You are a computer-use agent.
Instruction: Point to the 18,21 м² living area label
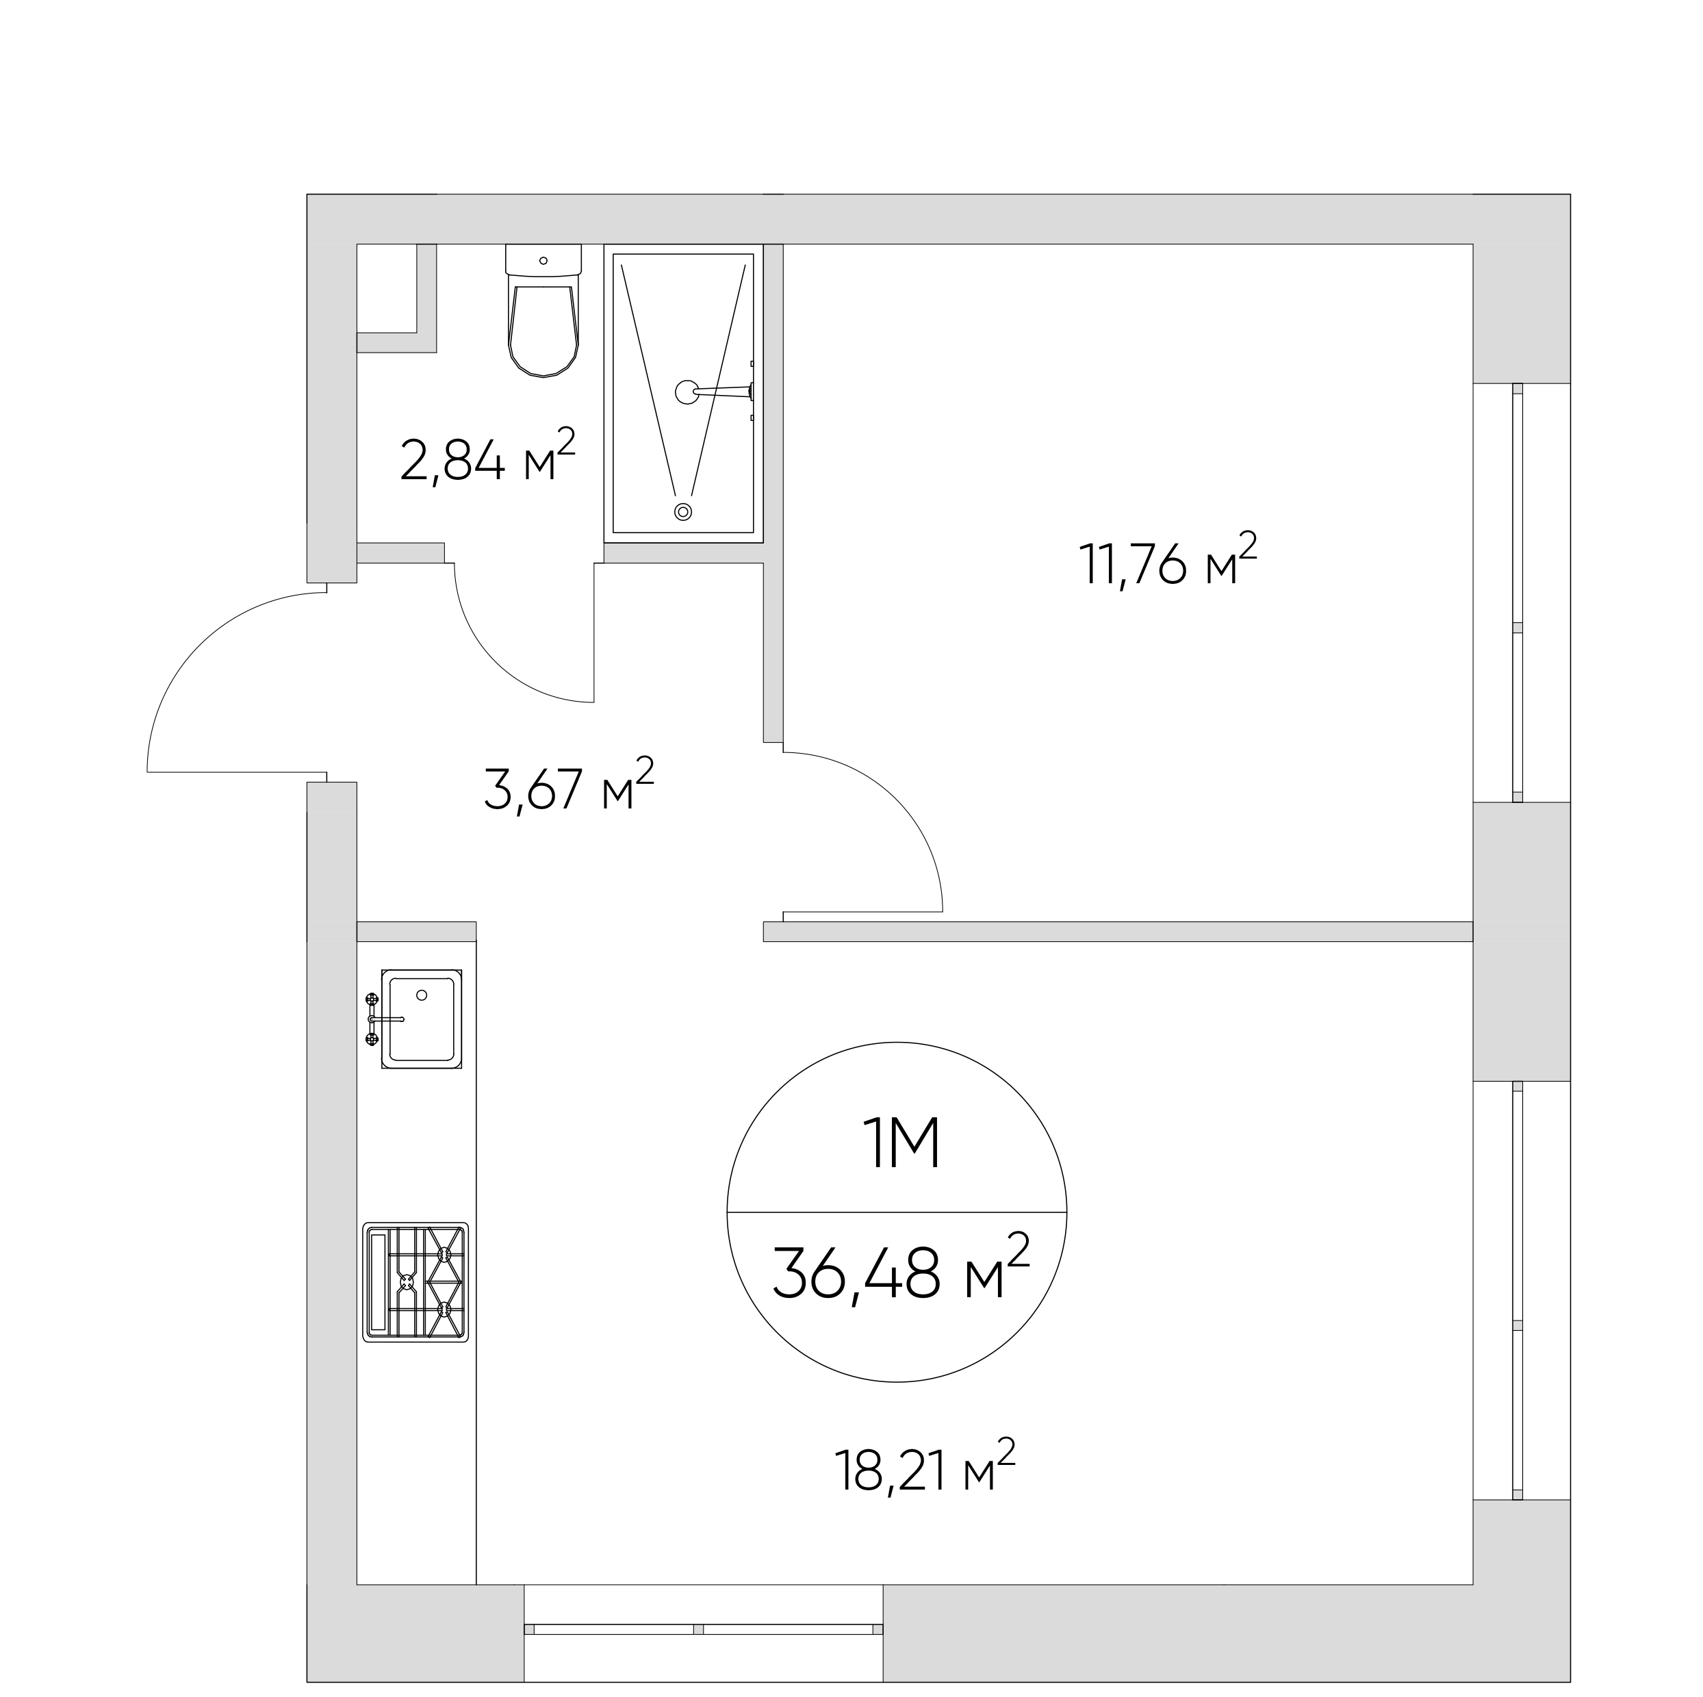925,1467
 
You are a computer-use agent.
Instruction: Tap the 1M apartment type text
904,1145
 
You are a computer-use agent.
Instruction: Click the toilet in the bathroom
543,310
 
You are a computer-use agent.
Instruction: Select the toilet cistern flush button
543,261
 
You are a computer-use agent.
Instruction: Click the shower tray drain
682,511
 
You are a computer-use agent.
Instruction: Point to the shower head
687,392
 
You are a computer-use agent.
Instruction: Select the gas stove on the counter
415,1283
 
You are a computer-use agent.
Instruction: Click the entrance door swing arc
199,644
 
